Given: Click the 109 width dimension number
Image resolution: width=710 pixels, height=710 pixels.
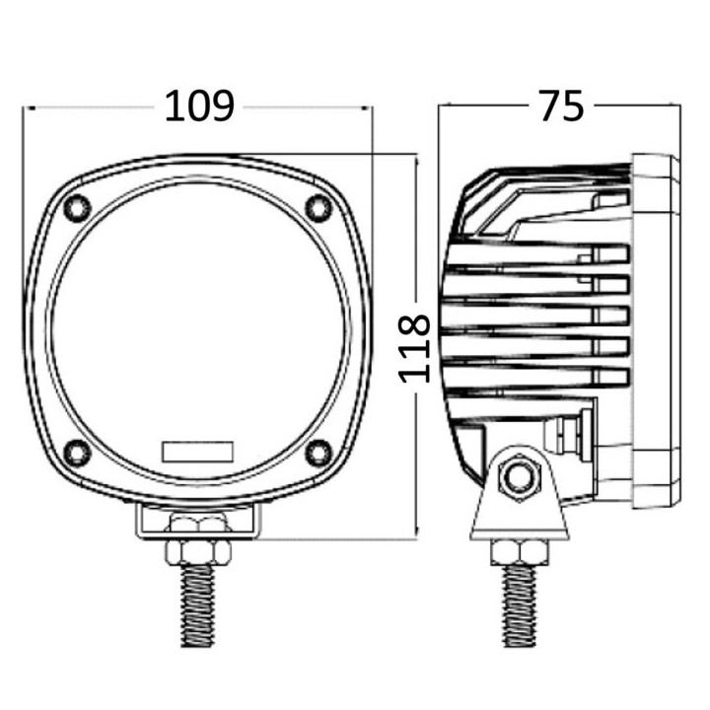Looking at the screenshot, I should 199,106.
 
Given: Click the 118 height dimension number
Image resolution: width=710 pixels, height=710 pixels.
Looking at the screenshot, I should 415,348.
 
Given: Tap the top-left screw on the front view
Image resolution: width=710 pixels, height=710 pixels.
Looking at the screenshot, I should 77,208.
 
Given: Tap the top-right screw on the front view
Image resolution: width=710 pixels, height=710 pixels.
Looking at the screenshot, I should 319,207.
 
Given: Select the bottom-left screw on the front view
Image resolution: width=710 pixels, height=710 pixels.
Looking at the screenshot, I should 77,453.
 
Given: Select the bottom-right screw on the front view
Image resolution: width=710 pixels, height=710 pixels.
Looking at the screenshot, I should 319,453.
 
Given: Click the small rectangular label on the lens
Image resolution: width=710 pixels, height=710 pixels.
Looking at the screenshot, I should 198,452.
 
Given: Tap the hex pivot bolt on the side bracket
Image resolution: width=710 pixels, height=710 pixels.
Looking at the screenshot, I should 517,476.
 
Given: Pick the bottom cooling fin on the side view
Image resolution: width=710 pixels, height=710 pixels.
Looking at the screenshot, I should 537,376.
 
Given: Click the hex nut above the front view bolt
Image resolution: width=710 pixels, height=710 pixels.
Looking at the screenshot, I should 199,548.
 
